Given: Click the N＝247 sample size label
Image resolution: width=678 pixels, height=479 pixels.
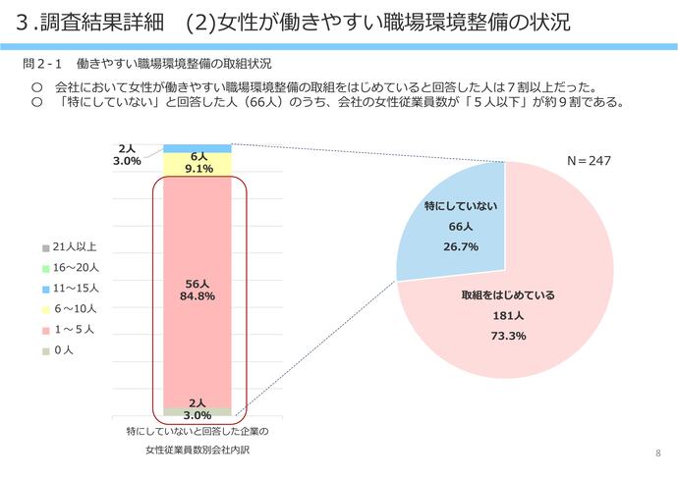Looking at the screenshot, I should tap(590, 159).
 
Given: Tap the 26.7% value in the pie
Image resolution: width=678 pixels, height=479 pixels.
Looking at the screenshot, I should tap(458, 246).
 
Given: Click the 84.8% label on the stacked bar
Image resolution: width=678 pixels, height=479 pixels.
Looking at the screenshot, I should tap(198, 296).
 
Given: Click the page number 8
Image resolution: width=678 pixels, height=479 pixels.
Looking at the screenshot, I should tap(657, 452).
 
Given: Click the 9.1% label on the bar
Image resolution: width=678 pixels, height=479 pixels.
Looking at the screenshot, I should tap(198, 168).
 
